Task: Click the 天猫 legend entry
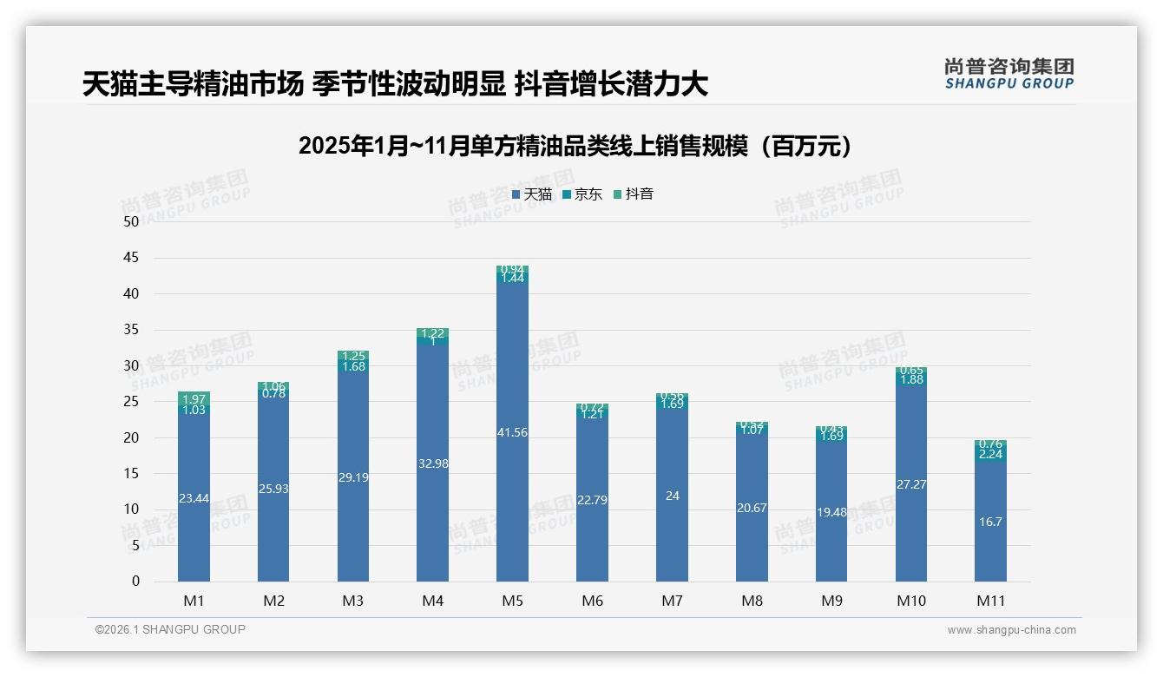point(532,194)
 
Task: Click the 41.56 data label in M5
point(512,432)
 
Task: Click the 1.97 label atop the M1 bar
point(194,398)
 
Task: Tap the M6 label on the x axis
point(592,601)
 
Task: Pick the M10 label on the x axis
point(910,601)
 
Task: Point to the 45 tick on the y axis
point(131,258)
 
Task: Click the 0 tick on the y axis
point(135,582)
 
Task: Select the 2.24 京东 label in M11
point(990,454)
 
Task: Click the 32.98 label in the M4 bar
point(432,463)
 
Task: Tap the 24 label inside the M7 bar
point(672,496)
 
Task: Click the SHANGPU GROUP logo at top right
point(1009,73)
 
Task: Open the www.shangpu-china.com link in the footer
point(1011,630)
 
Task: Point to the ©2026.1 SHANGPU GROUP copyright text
point(170,629)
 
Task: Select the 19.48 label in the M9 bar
point(831,512)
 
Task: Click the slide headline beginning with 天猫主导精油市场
point(395,83)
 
